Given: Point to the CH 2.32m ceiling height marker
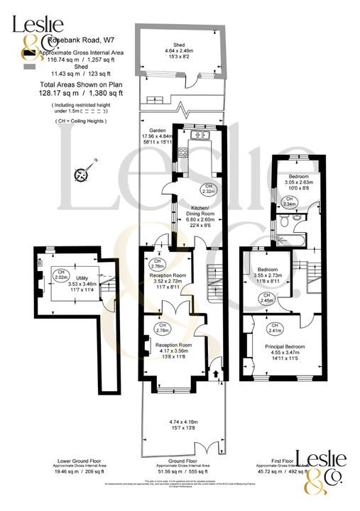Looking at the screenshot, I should (208, 189).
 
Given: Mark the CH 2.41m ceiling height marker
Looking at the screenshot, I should (274, 328).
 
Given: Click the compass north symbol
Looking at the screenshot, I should (83, 174).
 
